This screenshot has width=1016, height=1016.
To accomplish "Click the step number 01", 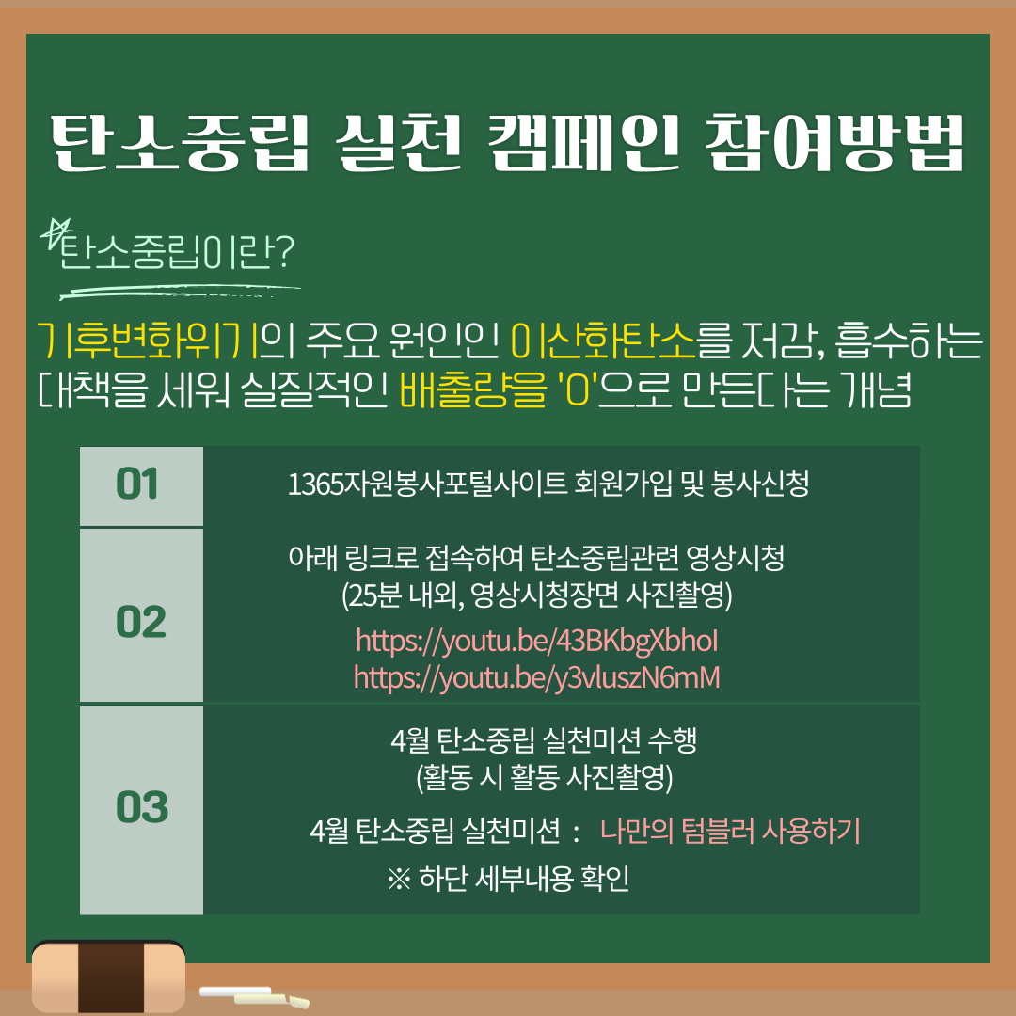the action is pyautogui.click(x=136, y=484).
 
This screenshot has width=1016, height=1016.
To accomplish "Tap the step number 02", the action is pyautogui.click(x=140, y=622).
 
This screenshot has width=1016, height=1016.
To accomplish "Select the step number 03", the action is pyautogui.click(x=142, y=807).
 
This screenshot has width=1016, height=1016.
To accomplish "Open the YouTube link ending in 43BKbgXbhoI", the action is pyautogui.click(x=536, y=642).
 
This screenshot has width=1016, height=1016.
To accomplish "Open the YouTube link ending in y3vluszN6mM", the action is pyautogui.click(x=536, y=678).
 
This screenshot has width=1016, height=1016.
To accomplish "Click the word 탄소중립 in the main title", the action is pyautogui.click(x=181, y=144).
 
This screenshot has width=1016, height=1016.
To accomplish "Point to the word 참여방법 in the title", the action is pyautogui.click(x=834, y=144).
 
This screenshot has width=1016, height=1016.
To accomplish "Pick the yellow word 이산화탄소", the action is pyautogui.click(x=603, y=341).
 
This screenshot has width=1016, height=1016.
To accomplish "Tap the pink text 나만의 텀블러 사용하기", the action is pyautogui.click(x=730, y=831).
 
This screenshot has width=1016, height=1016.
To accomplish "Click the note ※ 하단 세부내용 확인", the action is pyautogui.click(x=508, y=879).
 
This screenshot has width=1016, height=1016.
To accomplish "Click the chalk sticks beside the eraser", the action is pyautogui.click(x=254, y=997).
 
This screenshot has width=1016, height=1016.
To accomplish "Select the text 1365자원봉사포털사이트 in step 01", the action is pyautogui.click(x=428, y=484).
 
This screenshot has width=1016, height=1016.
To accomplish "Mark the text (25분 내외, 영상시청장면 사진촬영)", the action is pyautogui.click(x=536, y=595).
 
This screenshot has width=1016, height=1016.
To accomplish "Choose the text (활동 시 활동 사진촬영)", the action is pyautogui.click(x=545, y=777).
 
